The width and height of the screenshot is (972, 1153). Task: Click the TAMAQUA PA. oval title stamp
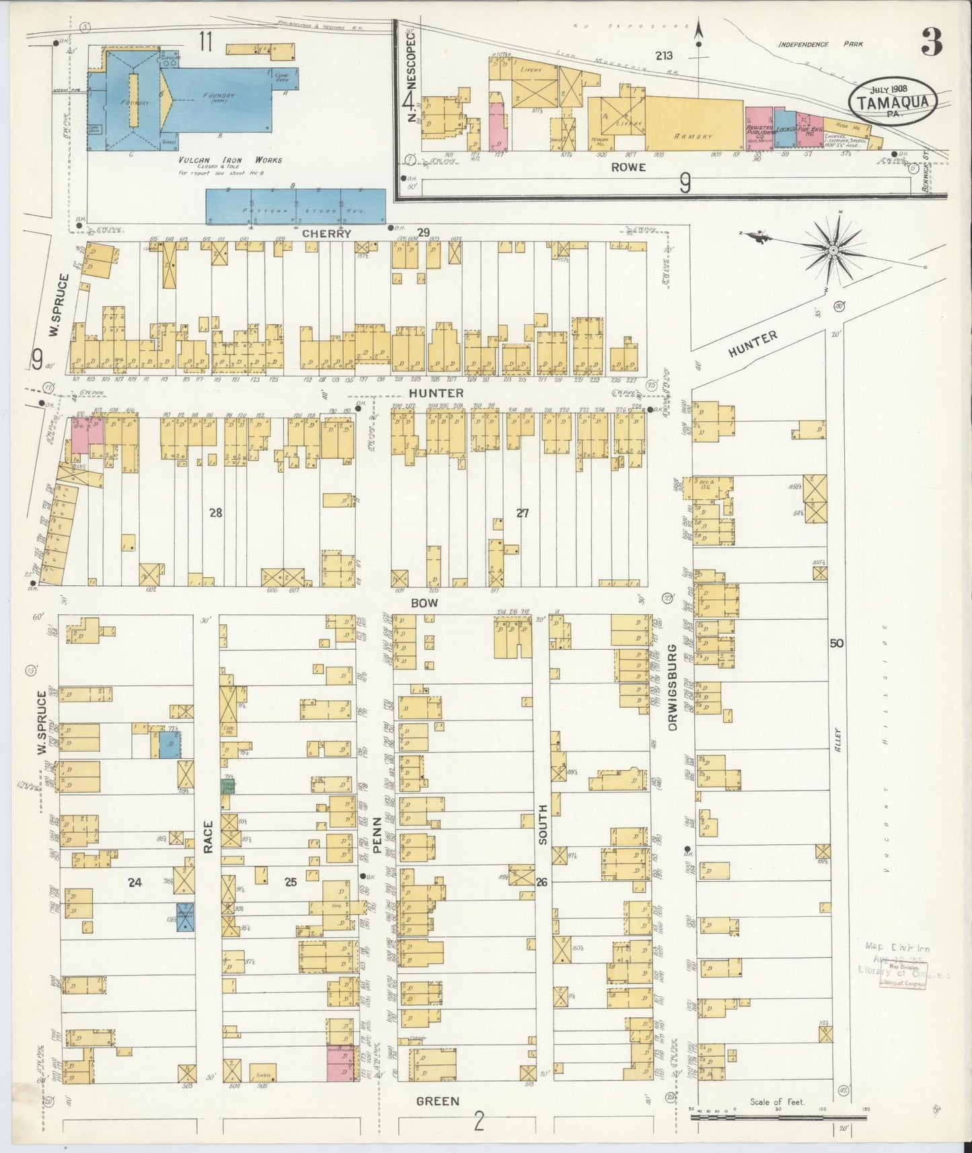pyautogui.click(x=893, y=102)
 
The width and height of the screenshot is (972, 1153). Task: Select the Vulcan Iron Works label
pyautogui.click(x=231, y=161)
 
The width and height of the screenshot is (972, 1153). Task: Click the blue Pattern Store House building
pyautogui.click(x=295, y=206)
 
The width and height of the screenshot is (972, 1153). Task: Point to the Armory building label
pyautogui.click(x=694, y=136)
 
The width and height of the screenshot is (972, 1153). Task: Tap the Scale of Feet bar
pyautogui.click(x=778, y=1117)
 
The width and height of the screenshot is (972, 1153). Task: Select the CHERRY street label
pyautogui.click(x=327, y=233)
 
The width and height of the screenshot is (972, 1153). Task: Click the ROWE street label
pyautogui.click(x=628, y=167)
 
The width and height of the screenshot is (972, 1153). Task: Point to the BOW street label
pyautogui.click(x=424, y=603)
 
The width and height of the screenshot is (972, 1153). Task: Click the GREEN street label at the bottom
pyautogui.click(x=437, y=1101)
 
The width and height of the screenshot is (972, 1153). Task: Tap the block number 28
pyautogui.click(x=215, y=513)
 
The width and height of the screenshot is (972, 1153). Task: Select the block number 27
pyautogui.click(x=522, y=513)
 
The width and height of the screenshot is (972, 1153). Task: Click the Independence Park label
pyautogui.click(x=820, y=45)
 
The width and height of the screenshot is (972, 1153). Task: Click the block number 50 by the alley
pyautogui.click(x=836, y=643)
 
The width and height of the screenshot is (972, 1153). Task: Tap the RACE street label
pyautogui.click(x=208, y=836)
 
